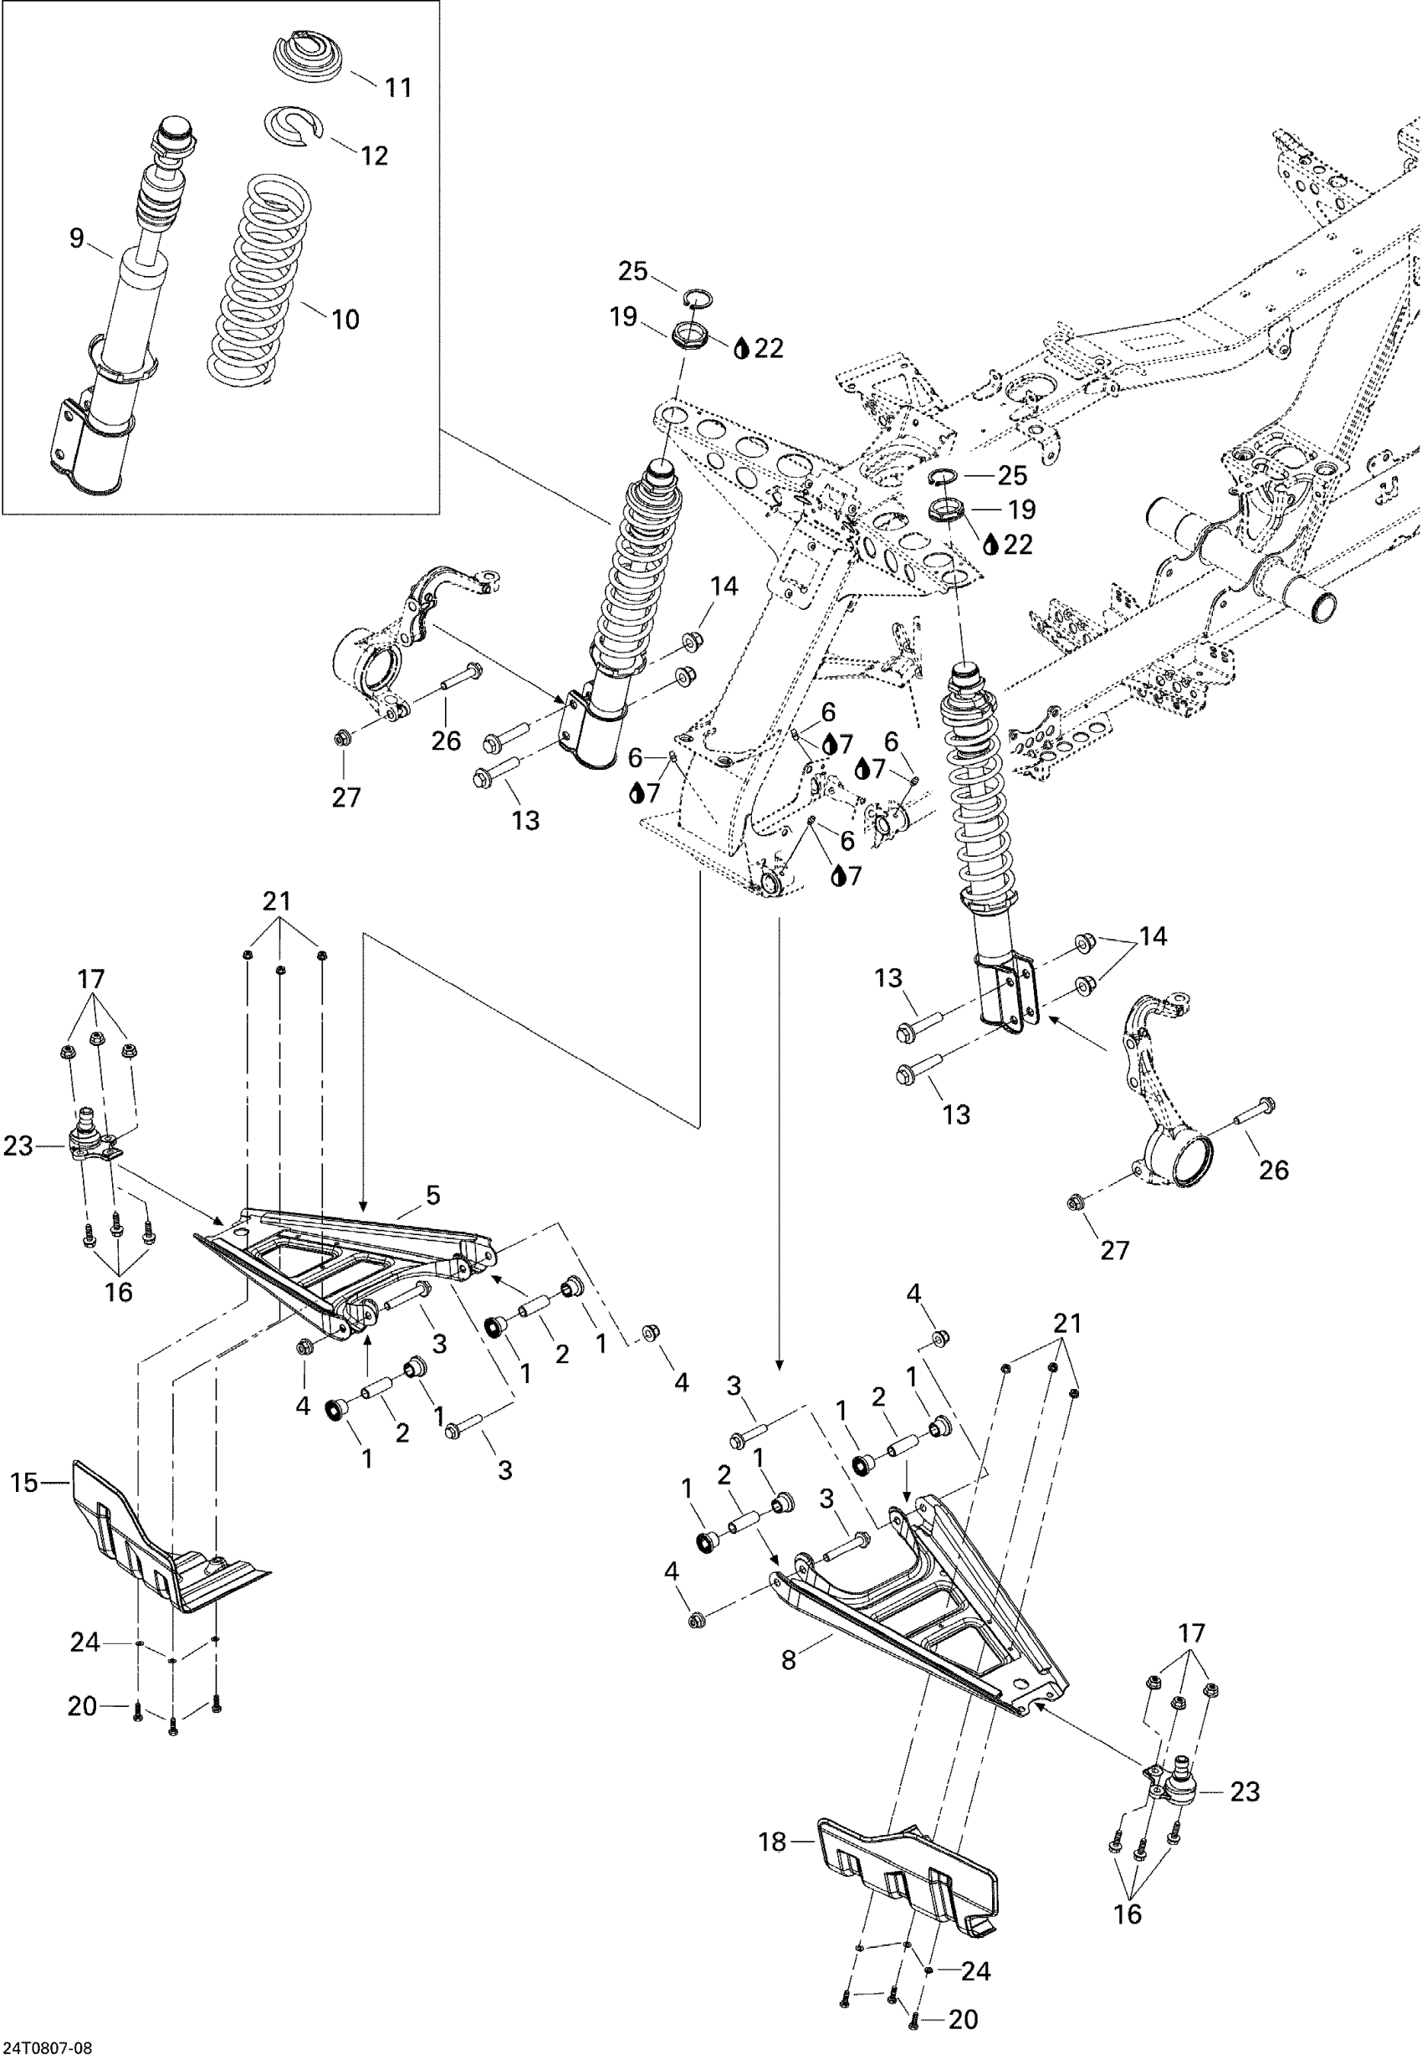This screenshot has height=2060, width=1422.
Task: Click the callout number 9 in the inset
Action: (x=77, y=238)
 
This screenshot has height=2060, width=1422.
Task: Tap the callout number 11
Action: (x=398, y=87)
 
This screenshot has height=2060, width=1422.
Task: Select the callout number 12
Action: (x=374, y=156)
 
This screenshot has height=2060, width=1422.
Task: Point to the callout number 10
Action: (x=345, y=319)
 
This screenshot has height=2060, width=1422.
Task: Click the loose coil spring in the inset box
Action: (x=260, y=278)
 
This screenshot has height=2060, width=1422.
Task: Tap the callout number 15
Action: (x=25, y=1484)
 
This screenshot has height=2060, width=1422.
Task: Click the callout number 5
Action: (x=433, y=1196)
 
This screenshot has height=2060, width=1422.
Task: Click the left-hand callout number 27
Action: (x=345, y=797)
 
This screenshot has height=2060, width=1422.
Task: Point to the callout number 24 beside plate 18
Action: (x=975, y=1972)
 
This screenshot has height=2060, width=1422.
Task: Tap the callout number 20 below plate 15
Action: (x=82, y=1706)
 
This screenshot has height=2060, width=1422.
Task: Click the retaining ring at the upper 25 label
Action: (x=698, y=297)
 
